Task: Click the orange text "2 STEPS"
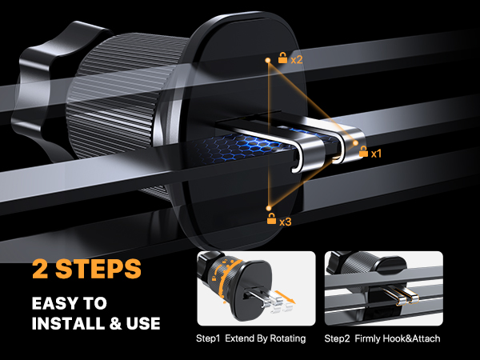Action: [x=87, y=267]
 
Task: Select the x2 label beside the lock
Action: [x=296, y=58]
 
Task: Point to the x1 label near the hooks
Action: [x=376, y=151]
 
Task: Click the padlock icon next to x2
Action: [x=282, y=58]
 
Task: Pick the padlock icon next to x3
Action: [x=271, y=218]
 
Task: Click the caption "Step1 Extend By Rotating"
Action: [x=251, y=338]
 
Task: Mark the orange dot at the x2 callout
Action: [x=266, y=59]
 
